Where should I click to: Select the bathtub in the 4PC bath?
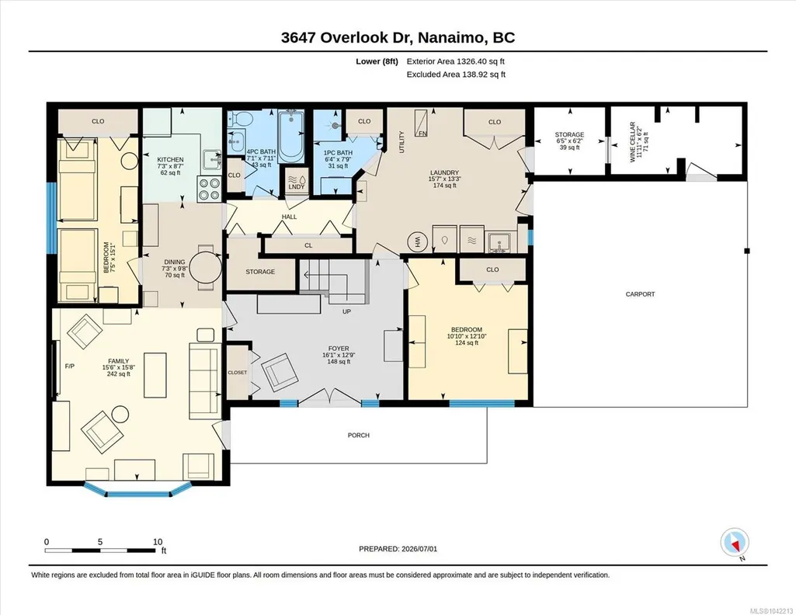(291, 134)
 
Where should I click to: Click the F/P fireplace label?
(70, 366)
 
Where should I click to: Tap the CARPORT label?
(640, 294)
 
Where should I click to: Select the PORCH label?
(359, 435)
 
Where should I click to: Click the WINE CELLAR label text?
(633, 141)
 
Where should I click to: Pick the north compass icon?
(735, 543)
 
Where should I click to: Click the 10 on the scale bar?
(158, 541)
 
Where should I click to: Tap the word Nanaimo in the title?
(454, 37)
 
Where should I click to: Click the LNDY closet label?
(297, 186)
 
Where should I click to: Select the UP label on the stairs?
(346, 311)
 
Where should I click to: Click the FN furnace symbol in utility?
(422, 123)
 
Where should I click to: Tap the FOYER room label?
(339, 348)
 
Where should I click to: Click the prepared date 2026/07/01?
(419, 548)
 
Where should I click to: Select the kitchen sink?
(212, 160)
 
